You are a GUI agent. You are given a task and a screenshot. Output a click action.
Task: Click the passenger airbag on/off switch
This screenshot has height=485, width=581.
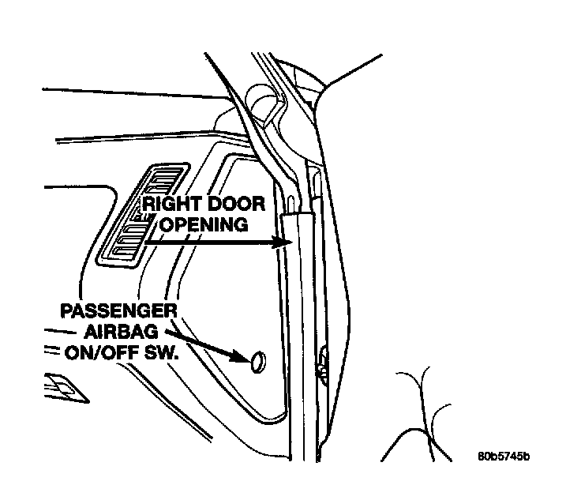258,361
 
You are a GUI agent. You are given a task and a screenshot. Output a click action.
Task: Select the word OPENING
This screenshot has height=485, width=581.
204,225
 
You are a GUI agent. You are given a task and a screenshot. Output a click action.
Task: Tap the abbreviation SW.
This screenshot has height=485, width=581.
162,351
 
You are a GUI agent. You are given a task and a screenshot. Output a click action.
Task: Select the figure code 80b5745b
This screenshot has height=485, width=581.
503,457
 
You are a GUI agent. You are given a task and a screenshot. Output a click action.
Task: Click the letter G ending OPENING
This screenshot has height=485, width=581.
242,225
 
